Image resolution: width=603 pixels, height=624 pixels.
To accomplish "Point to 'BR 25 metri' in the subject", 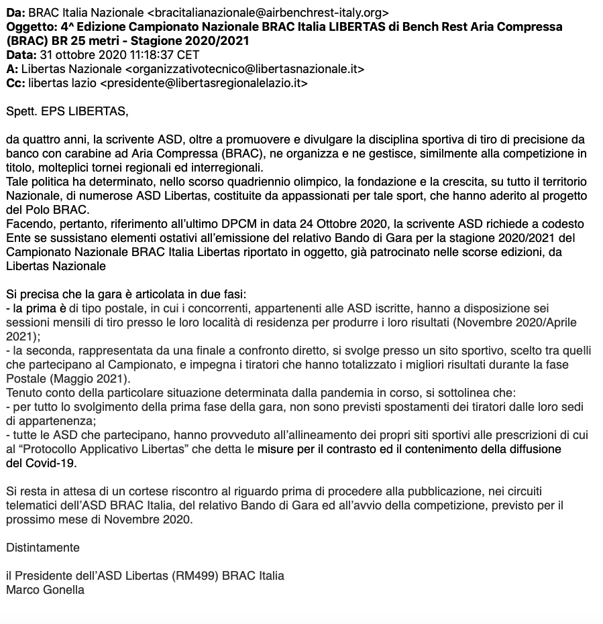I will click(78, 41).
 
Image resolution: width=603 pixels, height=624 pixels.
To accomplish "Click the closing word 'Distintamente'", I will click(43, 548).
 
